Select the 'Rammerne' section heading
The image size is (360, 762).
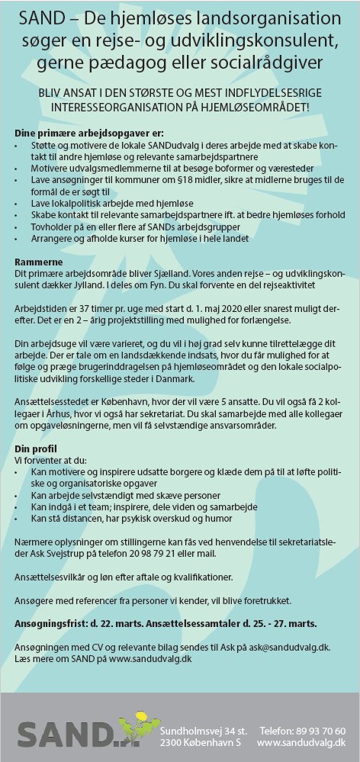point(37,262)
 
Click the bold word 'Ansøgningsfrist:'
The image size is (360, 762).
point(50,623)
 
